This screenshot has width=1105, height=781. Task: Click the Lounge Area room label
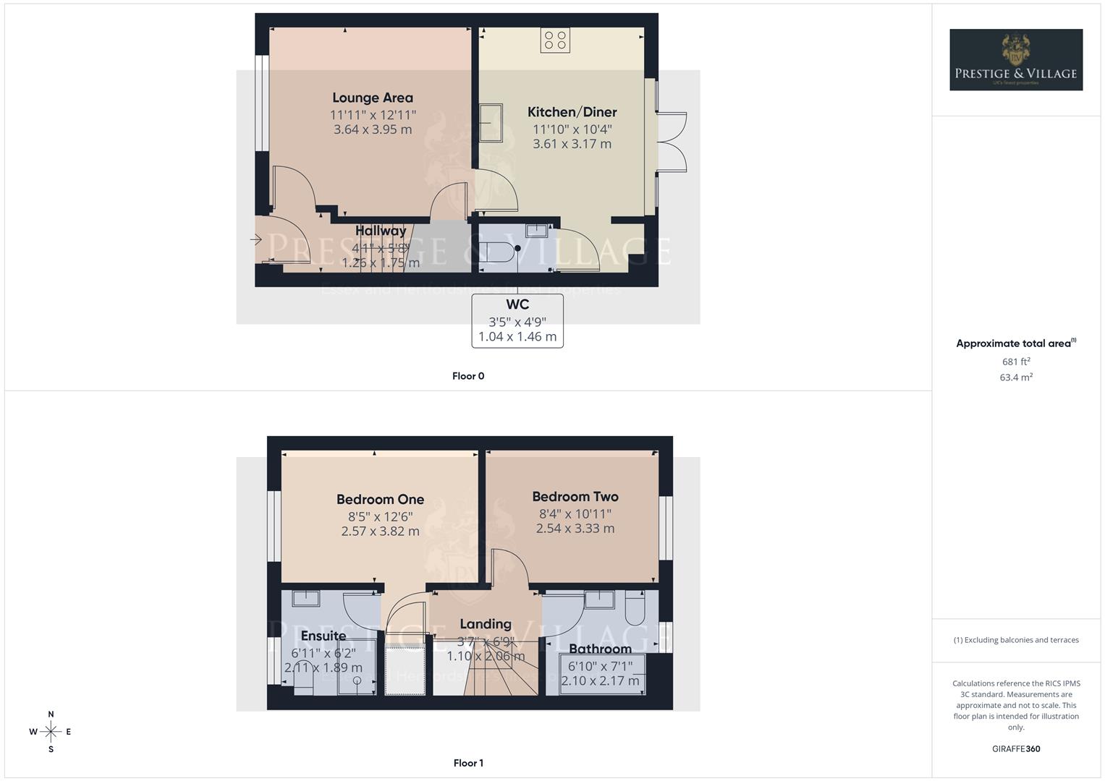(373, 98)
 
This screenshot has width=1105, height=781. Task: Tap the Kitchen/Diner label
(572, 112)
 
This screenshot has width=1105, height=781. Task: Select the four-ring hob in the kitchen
(555, 40)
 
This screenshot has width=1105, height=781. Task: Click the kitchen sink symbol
(491, 123)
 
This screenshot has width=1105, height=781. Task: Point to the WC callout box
(517, 320)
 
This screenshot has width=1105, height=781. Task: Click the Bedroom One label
(380, 499)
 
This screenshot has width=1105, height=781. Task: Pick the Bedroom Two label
(575, 497)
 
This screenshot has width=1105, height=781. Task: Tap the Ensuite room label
(323, 636)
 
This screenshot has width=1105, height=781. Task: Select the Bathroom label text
(600, 649)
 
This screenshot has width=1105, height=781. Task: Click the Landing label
(486, 623)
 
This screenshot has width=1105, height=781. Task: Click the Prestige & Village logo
(1016, 60)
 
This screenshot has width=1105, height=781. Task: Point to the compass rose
(51, 732)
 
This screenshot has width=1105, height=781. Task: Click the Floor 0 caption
(468, 376)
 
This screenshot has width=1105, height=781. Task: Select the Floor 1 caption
(468, 763)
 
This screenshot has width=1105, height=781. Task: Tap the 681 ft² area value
(1016, 362)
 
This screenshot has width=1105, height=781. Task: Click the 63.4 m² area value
(1016, 377)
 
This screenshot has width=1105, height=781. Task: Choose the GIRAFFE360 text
(1016, 749)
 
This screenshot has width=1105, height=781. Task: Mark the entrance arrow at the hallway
(255, 239)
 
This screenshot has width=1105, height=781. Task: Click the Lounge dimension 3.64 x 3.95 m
(373, 129)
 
